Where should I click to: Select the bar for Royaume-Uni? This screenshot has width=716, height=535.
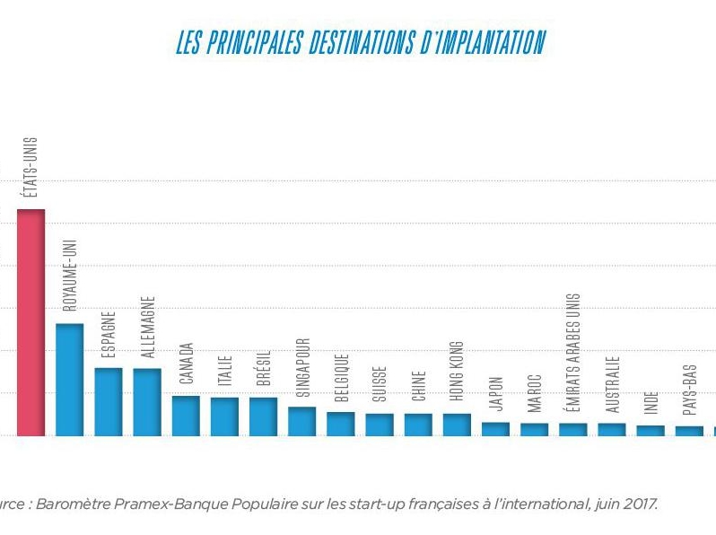pos(69,379)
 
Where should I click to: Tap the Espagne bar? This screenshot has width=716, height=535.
pos(108,400)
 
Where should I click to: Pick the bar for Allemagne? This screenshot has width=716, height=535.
pos(147,401)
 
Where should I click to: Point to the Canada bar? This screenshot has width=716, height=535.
pos(186,415)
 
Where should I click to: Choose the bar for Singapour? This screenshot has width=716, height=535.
pos(301,420)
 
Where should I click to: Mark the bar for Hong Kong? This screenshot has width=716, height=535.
pos(457,424)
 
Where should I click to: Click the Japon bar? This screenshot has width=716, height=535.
pos(495,428)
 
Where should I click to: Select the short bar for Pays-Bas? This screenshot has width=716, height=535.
pos(689,430)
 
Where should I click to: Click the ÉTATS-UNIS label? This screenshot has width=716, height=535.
pos(31,168)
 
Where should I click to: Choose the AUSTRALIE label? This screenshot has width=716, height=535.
pos(612,383)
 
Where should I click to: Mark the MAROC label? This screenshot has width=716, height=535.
pos(535,392)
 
